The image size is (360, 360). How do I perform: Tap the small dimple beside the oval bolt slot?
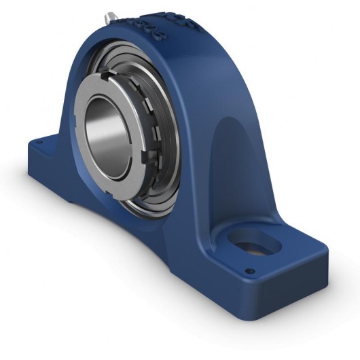point(249,271)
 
